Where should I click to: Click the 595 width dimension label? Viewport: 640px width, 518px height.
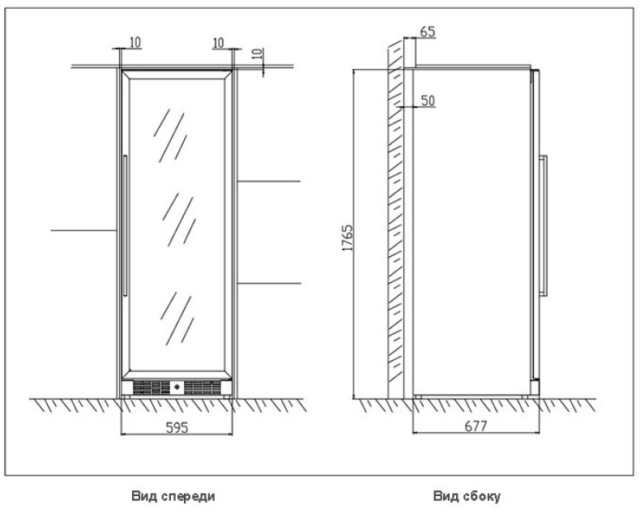(x=177, y=427)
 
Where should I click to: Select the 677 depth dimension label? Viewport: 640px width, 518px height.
(x=476, y=426)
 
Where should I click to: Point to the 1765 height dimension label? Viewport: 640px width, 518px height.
(x=347, y=238)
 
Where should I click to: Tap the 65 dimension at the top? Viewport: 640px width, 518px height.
(x=428, y=32)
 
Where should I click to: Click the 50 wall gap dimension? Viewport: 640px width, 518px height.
(x=428, y=101)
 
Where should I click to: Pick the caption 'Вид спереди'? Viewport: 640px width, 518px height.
(x=173, y=496)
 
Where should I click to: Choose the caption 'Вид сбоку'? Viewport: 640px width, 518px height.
(x=467, y=496)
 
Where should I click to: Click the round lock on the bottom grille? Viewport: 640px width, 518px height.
(x=177, y=387)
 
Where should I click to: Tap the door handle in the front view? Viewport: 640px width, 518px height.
(x=126, y=225)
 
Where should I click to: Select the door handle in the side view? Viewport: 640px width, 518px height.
(x=543, y=225)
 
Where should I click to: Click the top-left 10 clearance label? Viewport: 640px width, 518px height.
(x=135, y=42)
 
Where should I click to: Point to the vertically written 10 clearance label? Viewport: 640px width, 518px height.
(x=257, y=54)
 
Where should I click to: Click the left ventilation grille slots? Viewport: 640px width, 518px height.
(x=151, y=387)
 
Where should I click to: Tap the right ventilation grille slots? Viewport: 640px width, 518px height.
(x=202, y=387)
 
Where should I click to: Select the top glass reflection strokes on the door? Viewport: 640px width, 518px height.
(x=170, y=135)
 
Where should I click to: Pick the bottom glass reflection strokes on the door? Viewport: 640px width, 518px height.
(x=177, y=319)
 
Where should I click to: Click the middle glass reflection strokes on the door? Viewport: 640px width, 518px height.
(x=179, y=220)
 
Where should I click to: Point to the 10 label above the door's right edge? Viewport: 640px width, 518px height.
(x=219, y=42)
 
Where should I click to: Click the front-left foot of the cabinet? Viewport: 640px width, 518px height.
(x=126, y=396)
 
